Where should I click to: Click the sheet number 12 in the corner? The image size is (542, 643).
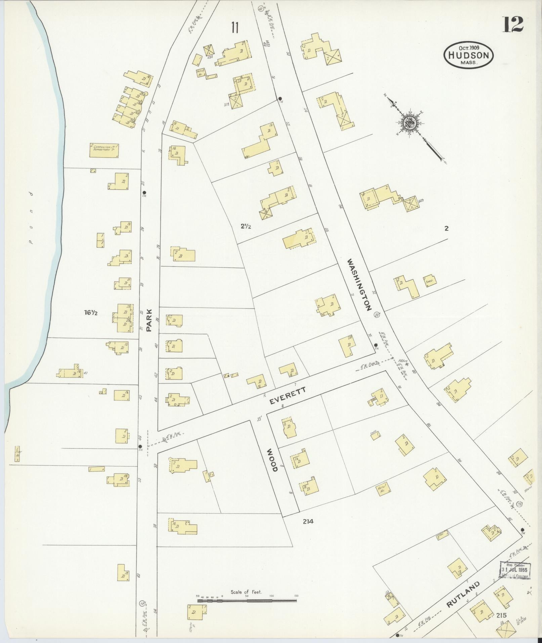pos(513,25)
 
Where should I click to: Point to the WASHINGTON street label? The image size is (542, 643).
pos(360,284)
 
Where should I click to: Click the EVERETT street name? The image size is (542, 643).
pos(288,396)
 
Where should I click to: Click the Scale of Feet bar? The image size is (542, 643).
pos(247,599)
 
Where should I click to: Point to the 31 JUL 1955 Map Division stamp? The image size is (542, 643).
pos(514,570)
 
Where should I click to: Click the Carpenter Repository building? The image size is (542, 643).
pos(105,150)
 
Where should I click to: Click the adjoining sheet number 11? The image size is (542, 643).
pos(234,28)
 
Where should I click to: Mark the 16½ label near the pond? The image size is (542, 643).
pos(91,313)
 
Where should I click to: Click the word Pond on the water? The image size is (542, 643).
pos(31,218)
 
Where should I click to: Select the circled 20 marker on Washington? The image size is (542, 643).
pos(377,315)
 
